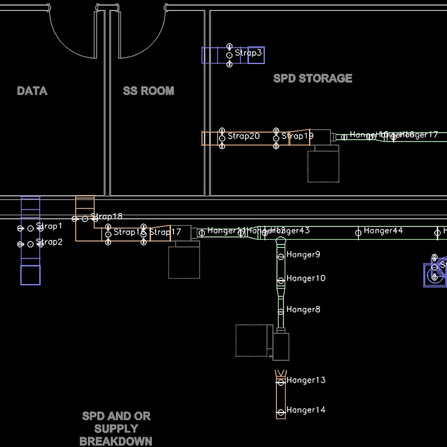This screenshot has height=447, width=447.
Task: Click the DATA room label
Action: pos(32,91)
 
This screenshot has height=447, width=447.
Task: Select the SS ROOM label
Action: pos(148,91)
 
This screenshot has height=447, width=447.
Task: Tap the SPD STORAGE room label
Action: pos(313,78)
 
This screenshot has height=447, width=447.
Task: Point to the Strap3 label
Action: pos(249,53)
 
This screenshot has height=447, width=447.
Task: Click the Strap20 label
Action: pos(243,136)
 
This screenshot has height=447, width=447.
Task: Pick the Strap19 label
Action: pos(297,136)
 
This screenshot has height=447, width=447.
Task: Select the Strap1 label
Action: pos(49,226)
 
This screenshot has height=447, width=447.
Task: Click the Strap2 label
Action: pos(49,242)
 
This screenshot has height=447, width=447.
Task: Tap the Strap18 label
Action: pos(107,217)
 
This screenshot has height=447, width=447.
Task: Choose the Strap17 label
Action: pos(165,232)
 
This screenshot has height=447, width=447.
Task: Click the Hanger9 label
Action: pos(303,254)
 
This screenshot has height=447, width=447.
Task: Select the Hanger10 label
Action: pos(306,278)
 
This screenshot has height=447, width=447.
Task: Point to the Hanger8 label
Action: pos(303,310)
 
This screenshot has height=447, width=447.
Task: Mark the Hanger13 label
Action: pos(306,380)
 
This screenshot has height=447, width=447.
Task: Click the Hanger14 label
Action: pos(306,410)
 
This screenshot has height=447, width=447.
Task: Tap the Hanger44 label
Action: pos(383,231)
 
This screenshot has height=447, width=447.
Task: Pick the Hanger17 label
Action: pos(418,134)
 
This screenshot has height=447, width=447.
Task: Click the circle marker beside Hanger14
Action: pos(281,412)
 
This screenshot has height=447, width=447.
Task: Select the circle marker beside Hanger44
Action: pos(358,233)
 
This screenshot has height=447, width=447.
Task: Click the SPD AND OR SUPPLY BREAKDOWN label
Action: pos(116,428)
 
